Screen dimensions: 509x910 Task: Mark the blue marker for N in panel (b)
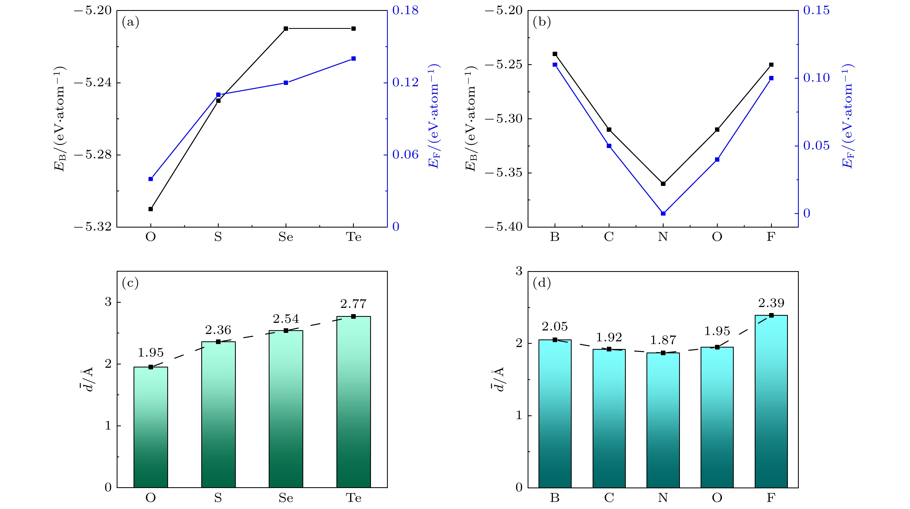(x=663, y=213)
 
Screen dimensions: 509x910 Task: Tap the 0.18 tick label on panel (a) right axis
(x=405, y=11)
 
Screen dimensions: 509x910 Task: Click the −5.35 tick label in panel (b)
(x=503, y=173)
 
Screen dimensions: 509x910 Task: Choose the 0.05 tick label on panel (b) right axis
(x=816, y=146)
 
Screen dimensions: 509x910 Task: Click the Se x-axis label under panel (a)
(x=286, y=237)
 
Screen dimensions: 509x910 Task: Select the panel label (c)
(x=130, y=283)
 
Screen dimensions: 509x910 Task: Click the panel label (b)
(x=541, y=22)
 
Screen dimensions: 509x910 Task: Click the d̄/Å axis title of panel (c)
(x=87, y=380)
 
